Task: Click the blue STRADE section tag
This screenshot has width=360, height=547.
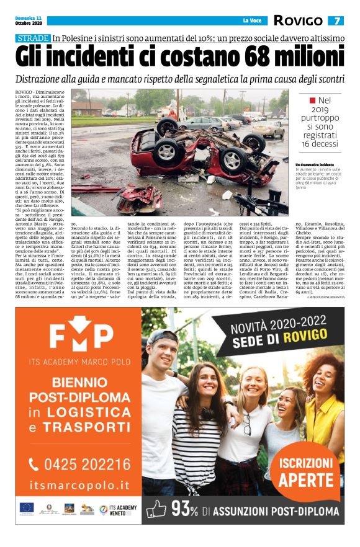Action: [34, 38]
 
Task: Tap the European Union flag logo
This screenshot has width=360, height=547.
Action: [27, 507]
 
